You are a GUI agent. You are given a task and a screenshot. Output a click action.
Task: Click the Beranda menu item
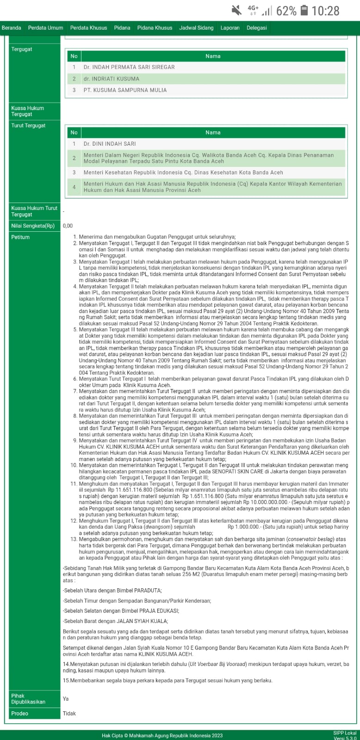12,28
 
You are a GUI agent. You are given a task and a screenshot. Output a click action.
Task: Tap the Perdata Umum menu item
45,28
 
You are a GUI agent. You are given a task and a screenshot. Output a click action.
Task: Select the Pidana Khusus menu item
155,28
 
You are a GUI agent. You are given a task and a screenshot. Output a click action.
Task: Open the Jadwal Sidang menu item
196,28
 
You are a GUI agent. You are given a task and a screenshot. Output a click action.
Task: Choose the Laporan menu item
230,28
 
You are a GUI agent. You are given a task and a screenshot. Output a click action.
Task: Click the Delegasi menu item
257,28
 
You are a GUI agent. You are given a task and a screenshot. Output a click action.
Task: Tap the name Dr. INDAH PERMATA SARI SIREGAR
129,67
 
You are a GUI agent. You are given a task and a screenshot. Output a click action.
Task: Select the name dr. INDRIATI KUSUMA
111,79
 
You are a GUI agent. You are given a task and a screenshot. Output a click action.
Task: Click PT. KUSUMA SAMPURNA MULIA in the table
125,90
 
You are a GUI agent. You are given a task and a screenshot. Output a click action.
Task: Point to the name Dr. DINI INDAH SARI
110,144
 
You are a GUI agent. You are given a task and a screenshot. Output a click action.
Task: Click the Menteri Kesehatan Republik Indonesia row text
183,173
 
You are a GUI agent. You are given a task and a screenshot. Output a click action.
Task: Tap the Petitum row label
20,237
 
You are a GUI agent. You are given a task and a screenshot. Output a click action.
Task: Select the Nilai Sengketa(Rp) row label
33,226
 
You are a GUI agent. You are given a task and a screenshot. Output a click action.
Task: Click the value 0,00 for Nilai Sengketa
68,226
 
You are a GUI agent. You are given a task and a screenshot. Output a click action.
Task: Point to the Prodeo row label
20,713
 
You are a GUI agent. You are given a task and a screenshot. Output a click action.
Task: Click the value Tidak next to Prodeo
69,713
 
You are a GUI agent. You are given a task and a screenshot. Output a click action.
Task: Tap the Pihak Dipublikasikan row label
28,698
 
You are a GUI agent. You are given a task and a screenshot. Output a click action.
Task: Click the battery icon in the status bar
304,10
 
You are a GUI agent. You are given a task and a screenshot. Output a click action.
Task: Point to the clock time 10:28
326,11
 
